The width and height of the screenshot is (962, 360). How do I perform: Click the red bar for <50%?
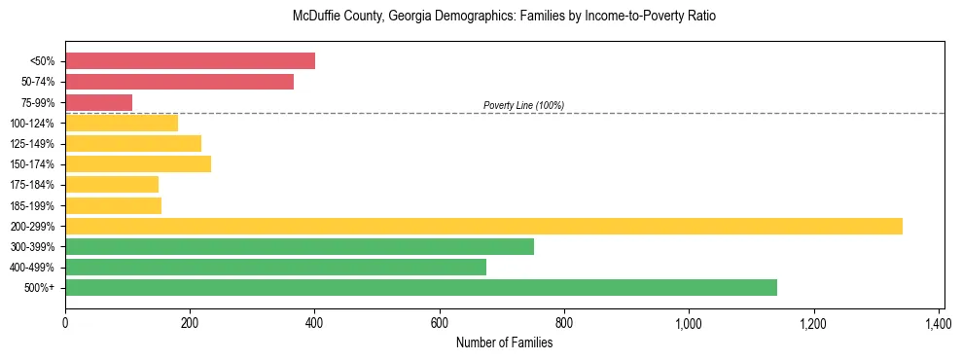click(x=190, y=61)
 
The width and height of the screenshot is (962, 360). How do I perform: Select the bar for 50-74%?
click(x=179, y=82)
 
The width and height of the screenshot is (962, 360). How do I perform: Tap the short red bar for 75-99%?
click(x=98, y=102)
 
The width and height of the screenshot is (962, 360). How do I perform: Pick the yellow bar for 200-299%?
click(x=483, y=226)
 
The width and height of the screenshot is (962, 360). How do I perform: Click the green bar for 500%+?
click(x=420, y=287)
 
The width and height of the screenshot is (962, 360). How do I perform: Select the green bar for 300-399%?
click(x=299, y=246)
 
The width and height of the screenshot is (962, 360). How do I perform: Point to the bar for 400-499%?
click(x=275, y=267)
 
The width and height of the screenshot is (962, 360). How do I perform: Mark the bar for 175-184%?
click(x=112, y=185)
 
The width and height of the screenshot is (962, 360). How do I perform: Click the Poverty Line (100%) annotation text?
click(x=523, y=105)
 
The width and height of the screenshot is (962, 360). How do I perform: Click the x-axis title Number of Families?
click(x=504, y=342)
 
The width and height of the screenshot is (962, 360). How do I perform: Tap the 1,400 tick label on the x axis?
click(x=938, y=323)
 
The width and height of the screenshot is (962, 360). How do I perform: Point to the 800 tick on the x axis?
click(x=564, y=323)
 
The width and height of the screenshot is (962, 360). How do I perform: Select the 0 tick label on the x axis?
click(x=65, y=323)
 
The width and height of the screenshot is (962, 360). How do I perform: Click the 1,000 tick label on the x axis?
click(x=688, y=323)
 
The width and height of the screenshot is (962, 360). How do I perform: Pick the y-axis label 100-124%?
click(x=32, y=124)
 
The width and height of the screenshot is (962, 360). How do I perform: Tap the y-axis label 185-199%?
click(x=32, y=205)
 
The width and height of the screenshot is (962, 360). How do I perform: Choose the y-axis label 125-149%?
click(x=32, y=144)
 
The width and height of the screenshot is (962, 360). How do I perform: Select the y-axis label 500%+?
click(x=39, y=288)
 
